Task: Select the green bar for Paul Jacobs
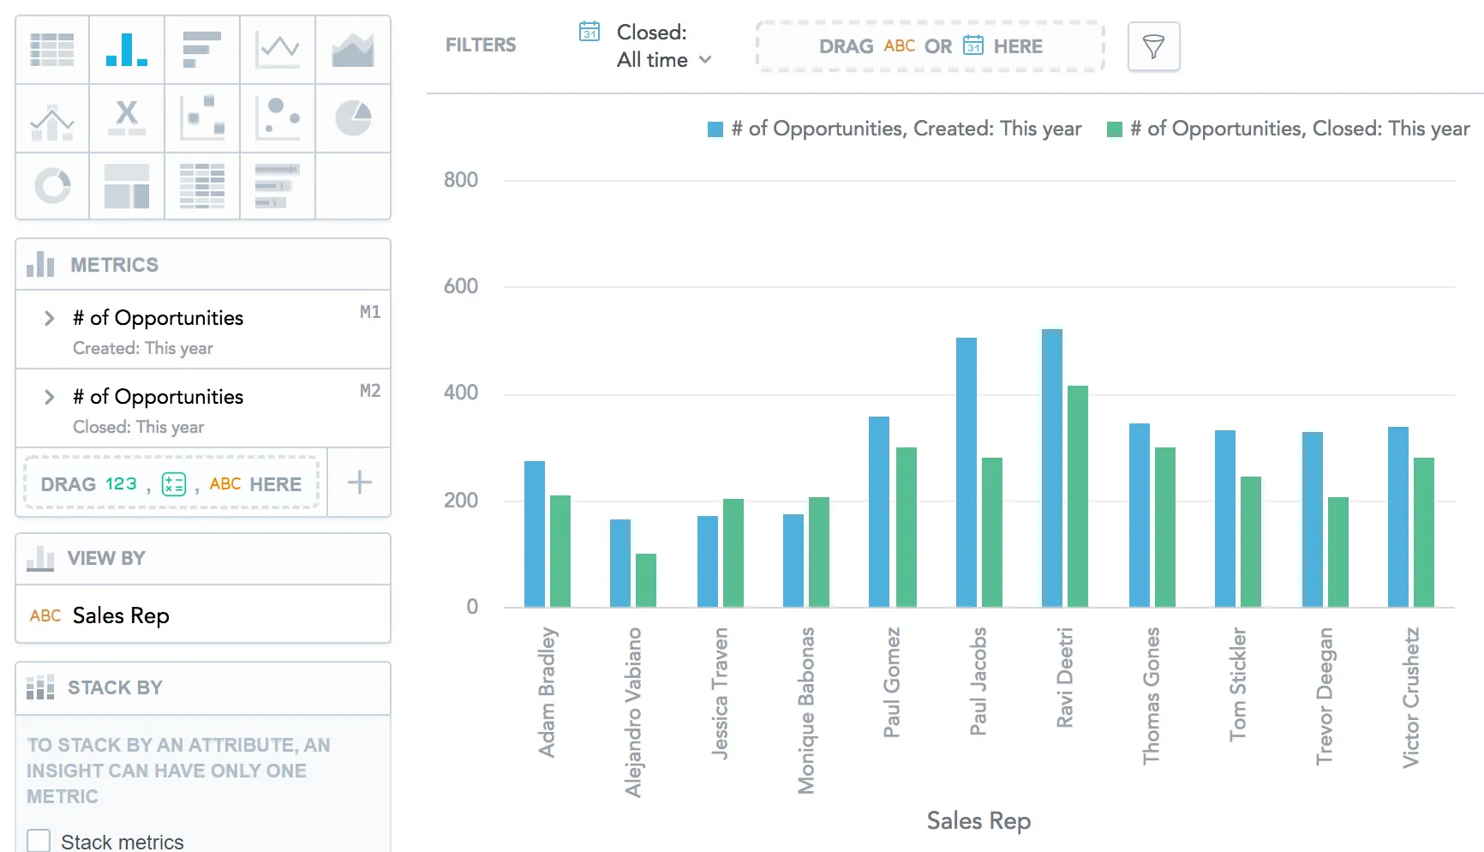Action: (991, 532)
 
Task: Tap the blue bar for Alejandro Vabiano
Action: (619, 563)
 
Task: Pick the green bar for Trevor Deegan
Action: (1337, 552)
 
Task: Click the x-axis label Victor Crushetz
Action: (1410, 698)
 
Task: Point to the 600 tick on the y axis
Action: (461, 286)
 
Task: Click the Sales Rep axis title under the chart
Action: (978, 821)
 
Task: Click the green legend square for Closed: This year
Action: (1115, 129)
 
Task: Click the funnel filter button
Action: (1153, 46)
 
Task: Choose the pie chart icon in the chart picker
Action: (352, 118)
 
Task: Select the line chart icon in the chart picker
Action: (278, 50)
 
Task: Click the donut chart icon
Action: (52, 186)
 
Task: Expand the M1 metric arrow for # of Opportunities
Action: (49, 318)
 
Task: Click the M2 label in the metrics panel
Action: (369, 391)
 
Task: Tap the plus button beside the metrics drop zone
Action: (359, 483)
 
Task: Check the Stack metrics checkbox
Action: (39, 841)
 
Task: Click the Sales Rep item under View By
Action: (121, 615)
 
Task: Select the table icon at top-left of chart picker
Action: (52, 50)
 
